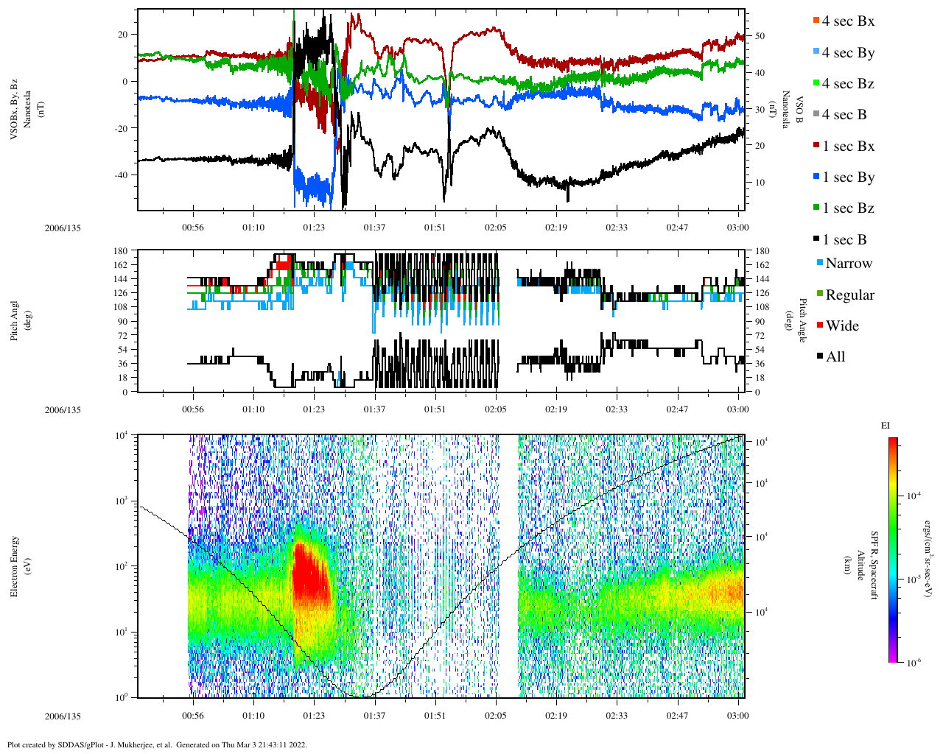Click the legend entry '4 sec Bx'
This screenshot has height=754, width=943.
tap(847, 21)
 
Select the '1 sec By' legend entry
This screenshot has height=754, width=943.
tap(847, 177)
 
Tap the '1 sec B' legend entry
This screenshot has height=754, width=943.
tap(844, 240)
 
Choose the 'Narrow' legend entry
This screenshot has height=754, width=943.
tap(848, 264)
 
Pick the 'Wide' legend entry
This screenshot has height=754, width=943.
tap(841, 326)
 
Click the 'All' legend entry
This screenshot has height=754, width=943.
tap(835, 357)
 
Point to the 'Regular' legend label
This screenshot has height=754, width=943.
tap(849, 295)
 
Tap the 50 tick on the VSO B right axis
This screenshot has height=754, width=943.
tap(760, 36)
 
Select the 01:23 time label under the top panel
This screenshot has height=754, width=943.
tap(313, 228)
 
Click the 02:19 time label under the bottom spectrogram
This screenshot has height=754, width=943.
tap(556, 716)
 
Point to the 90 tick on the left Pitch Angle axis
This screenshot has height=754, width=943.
tap(122, 322)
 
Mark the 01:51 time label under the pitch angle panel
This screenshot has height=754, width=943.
tap(435, 409)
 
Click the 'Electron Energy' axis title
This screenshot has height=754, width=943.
tap(15, 565)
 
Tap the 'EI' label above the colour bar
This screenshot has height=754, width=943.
tap(885, 426)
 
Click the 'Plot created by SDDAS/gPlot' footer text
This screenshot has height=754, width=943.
tap(156, 744)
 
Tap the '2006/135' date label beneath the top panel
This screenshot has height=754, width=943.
tap(63, 228)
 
